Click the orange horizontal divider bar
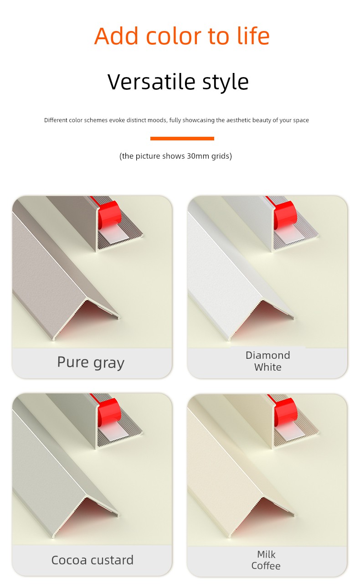182,139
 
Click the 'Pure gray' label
91,362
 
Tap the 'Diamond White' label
267,361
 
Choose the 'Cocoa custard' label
93,560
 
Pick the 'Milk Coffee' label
266,560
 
